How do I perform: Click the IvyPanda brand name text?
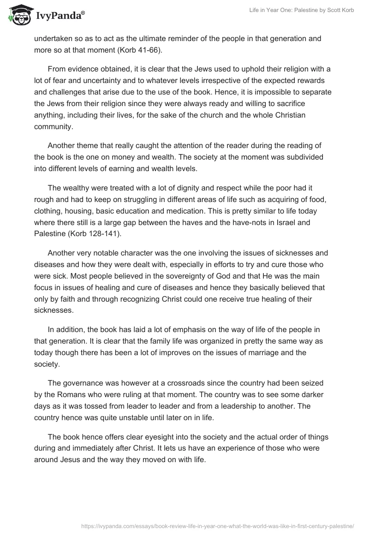coord(59,17)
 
